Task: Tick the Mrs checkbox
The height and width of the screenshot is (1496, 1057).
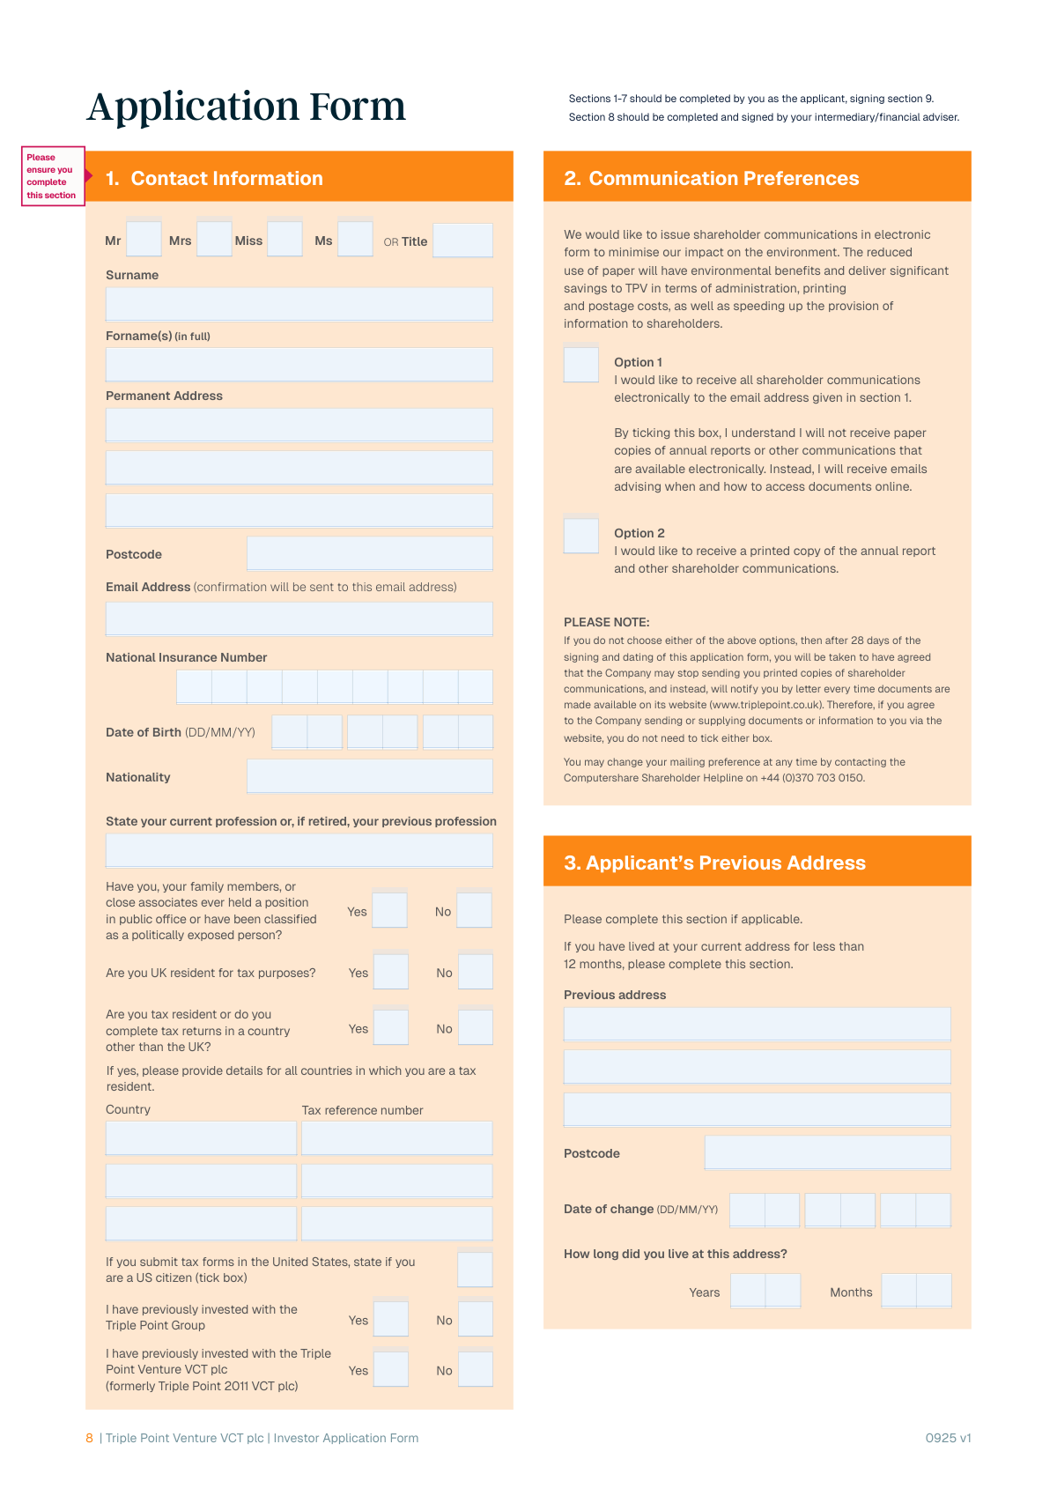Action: point(214,239)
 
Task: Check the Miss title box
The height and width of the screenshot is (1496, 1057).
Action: point(285,239)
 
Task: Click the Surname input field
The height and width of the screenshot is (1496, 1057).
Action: point(299,304)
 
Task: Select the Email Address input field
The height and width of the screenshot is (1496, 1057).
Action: point(299,618)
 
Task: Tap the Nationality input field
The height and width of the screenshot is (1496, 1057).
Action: point(369,776)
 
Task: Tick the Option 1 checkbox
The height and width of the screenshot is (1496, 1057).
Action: point(581,365)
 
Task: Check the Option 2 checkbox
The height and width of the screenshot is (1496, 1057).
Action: point(581,536)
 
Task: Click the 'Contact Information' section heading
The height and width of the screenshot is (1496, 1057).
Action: point(226,178)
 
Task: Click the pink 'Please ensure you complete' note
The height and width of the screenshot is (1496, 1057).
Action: point(52,176)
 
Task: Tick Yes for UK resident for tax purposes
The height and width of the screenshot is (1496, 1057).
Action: point(390,972)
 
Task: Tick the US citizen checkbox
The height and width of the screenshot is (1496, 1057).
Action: point(475,1270)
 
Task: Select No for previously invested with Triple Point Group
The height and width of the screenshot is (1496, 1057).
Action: point(476,1319)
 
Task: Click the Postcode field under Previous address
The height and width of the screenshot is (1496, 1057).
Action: point(827,1152)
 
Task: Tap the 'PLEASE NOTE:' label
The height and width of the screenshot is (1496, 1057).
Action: point(607,622)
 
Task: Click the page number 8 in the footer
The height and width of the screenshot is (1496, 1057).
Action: point(89,1438)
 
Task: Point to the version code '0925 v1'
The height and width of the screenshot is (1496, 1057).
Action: point(948,1438)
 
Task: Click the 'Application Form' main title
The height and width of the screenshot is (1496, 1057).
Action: point(246,107)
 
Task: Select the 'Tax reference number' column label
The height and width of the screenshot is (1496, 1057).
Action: point(362,1110)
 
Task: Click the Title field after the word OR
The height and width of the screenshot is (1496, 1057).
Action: point(462,241)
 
